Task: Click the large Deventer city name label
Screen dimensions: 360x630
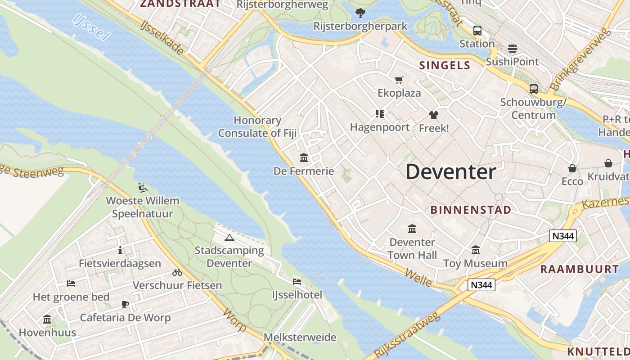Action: point(451,172)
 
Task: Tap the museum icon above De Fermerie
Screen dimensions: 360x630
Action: point(304,158)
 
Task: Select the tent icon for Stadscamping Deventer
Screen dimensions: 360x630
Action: point(229,238)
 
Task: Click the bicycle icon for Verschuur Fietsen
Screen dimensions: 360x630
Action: point(177,272)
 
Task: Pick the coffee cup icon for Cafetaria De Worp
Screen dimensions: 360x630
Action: point(125,305)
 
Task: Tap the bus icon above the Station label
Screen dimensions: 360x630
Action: point(477,31)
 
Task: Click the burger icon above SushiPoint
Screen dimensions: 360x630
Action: point(512,48)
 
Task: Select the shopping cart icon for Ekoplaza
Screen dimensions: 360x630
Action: point(399,80)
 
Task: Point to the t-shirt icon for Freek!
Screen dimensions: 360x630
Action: point(433,115)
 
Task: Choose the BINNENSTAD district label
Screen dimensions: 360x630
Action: point(471,210)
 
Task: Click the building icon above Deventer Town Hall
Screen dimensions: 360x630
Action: point(412,229)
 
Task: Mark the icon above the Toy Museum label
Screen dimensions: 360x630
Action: point(475,250)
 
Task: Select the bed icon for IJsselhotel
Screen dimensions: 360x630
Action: point(297,282)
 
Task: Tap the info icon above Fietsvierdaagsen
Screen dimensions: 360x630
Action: point(120,251)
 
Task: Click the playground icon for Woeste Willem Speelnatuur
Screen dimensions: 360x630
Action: point(142,188)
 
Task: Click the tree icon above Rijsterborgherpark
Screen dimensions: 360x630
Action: point(360,13)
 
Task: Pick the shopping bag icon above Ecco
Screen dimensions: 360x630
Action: point(572,168)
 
